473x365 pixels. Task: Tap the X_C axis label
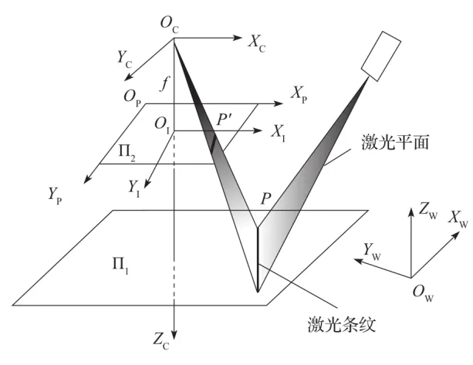tap(258, 42)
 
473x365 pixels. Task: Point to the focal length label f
tap(163, 84)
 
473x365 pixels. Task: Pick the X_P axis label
tap(299, 94)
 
